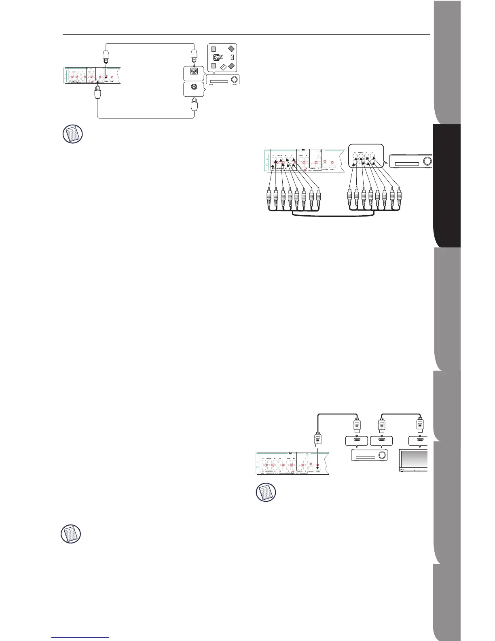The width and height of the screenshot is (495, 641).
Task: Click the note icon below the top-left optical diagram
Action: pos(73,134)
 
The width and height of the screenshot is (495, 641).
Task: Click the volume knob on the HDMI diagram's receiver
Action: pos(381,455)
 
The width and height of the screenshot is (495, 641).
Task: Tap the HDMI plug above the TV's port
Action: pos(420,426)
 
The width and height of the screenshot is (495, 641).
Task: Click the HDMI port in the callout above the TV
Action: pos(418,440)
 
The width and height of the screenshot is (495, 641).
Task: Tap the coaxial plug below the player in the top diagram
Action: pos(97,96)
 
